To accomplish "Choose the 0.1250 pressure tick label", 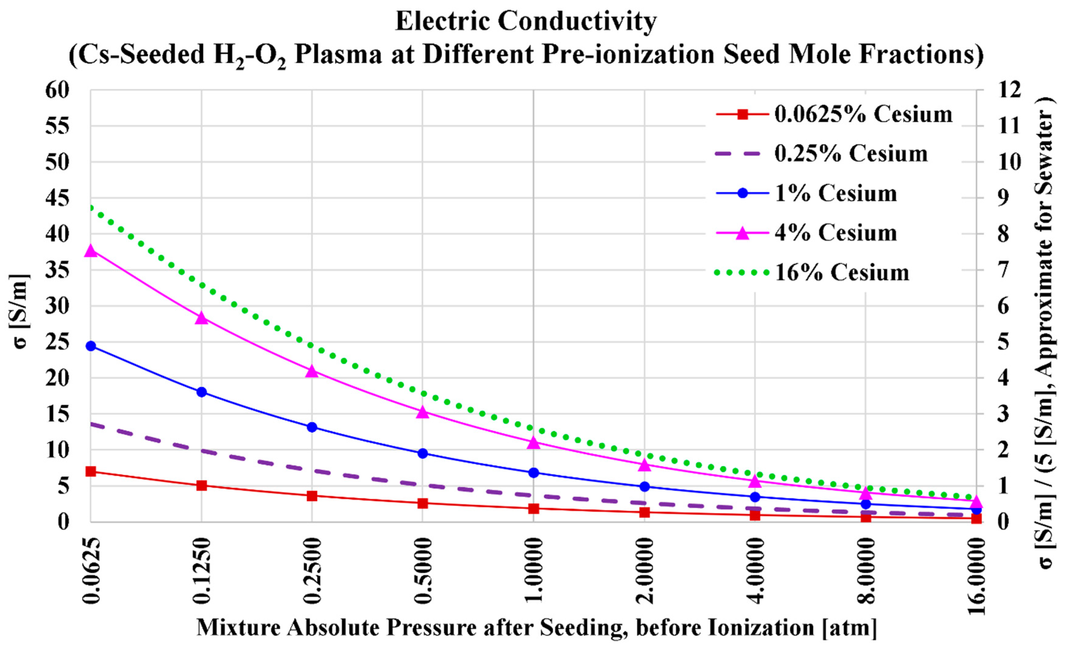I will (202, 571).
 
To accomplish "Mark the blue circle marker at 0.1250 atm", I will (202, 392).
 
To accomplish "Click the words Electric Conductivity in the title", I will (526, 22).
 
